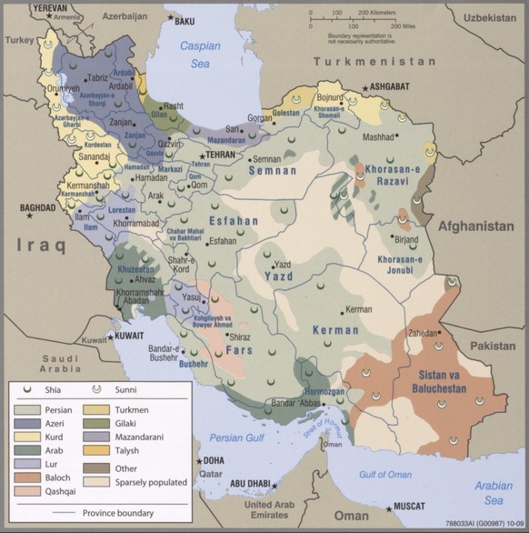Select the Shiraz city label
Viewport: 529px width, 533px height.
coord(240,337)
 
